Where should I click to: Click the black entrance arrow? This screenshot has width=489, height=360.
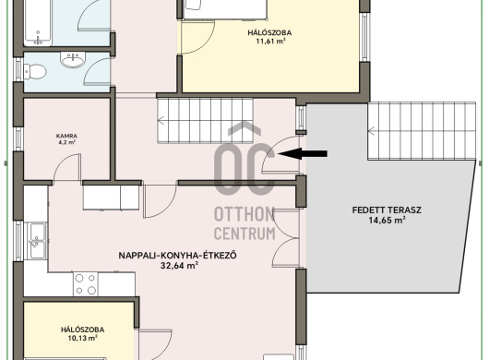[303, 153]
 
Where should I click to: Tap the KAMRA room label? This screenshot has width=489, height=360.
[66, 136]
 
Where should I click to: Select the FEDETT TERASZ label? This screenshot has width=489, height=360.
[387, 210]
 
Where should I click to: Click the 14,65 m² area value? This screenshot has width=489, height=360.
[387, 221]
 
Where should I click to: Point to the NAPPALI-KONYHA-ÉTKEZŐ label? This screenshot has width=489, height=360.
[177, 255]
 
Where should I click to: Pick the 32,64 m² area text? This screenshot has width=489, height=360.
[180, 266]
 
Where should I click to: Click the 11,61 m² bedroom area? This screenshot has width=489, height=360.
[270, 42]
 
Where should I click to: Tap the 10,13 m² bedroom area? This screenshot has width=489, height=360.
[83, 338]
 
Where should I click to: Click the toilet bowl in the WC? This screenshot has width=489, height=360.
[35, 71]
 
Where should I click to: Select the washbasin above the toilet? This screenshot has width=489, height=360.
[73, 60]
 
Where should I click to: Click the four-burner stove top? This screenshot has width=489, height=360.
[86, 284]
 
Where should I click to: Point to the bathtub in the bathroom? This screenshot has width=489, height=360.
[38, 23]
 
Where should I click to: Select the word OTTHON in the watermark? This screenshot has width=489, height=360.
[244, 215]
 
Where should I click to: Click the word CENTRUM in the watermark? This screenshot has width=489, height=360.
[244, 234]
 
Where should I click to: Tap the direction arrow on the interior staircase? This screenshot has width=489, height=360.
[161, 120]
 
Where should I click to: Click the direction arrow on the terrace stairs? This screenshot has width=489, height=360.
[372, 131]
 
